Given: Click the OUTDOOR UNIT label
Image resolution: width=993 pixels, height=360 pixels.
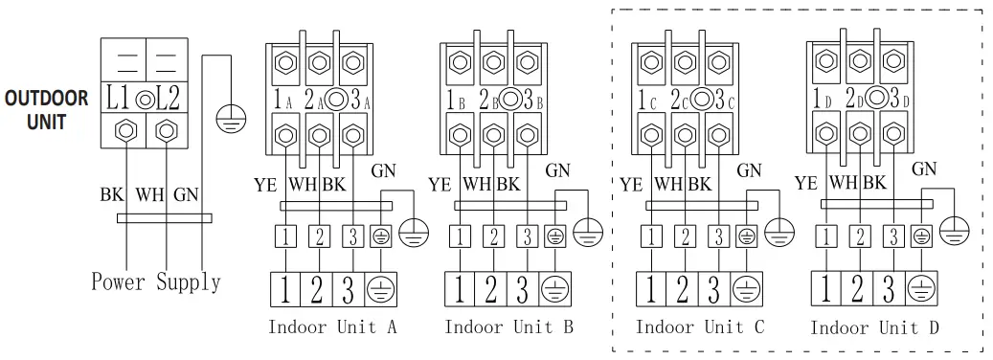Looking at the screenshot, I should pos(47,110).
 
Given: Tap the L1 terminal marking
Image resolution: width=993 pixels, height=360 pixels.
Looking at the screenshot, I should pos(120,98).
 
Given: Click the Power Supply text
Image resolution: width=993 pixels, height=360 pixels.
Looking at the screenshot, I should pos(155,281).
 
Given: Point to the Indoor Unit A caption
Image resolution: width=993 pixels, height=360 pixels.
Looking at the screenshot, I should pos(332,327).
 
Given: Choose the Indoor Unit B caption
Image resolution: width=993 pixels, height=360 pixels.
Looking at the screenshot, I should pos(508,327).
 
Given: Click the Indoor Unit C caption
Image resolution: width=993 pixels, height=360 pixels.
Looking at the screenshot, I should pos(700,327).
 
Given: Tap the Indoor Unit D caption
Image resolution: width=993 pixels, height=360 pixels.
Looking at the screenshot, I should pos(874,327).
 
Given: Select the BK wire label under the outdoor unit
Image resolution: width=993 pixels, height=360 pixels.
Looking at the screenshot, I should pos(111,194).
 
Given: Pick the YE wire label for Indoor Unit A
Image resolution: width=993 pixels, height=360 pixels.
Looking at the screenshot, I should pos(265,182).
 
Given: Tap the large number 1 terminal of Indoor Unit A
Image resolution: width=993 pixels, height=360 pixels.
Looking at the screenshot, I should pos(287,287).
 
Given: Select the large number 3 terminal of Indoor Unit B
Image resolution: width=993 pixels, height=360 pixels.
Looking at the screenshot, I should pos(523,287).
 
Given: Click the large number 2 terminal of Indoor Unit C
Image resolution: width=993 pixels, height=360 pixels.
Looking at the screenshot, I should pos(683,287).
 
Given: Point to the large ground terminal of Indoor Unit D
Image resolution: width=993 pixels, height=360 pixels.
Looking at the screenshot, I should pos(920,287).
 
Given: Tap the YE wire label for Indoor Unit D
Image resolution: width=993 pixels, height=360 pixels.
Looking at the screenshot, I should pos(806,182).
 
